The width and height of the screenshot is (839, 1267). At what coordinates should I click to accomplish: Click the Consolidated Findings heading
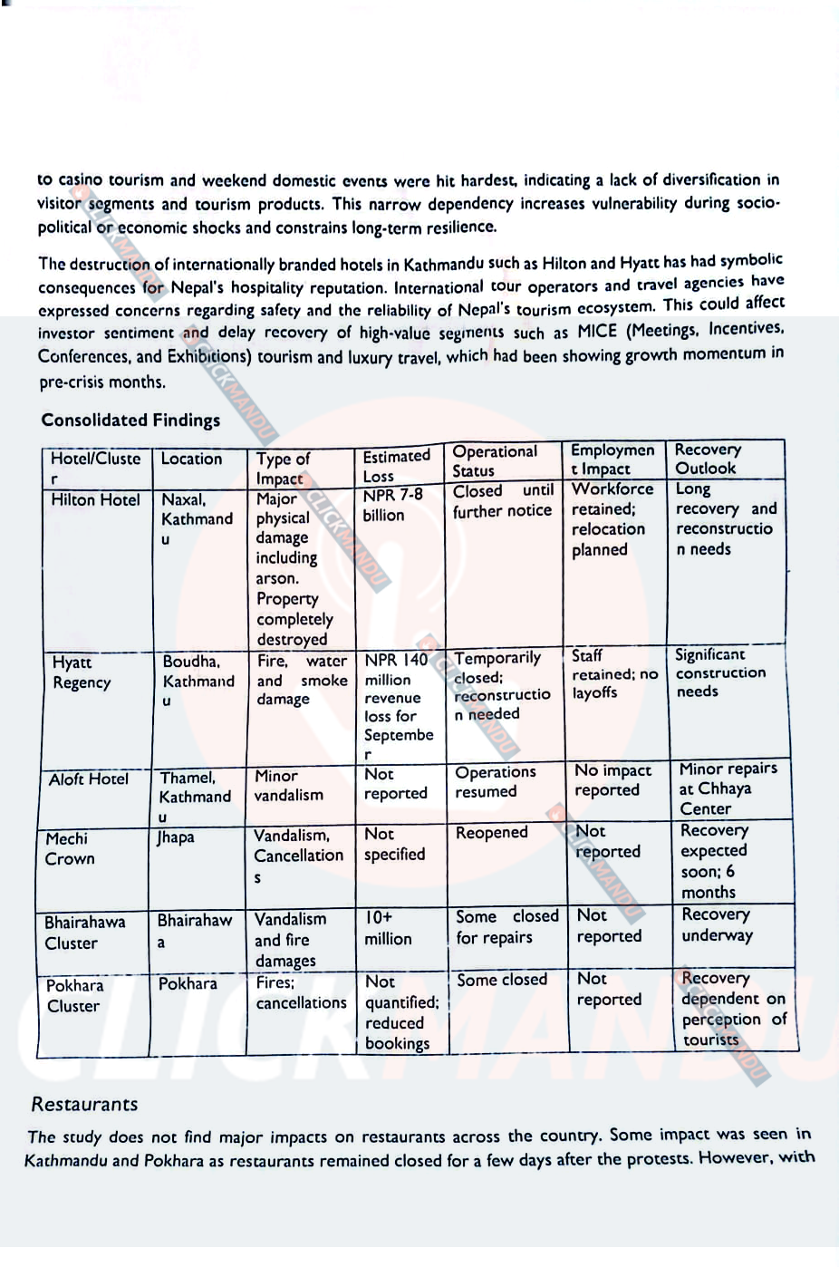coord(130,420)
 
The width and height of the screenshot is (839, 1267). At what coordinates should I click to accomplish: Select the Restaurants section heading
coord(84,1104)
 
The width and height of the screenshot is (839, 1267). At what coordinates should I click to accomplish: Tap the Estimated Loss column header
coord(396,466)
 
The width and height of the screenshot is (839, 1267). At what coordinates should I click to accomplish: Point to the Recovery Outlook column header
coord(708,459)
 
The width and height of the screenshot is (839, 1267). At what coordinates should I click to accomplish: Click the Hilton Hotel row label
coord(95,499)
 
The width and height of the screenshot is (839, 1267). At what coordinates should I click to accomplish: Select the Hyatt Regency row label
coord(82,672)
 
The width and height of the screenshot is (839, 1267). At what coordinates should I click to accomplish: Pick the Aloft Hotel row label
coord(89,779)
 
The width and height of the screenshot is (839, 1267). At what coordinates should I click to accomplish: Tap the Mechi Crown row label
coord(69,848)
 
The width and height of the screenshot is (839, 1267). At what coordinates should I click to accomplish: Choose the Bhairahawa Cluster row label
coord(84,932)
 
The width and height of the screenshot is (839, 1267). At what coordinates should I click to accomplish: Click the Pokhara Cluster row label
coord(75,995)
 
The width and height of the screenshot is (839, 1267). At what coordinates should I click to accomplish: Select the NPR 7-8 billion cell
coord(393,505)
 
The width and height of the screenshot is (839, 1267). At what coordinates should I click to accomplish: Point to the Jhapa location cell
coord(175,837)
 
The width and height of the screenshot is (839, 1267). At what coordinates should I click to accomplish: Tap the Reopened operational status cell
coord(491,832)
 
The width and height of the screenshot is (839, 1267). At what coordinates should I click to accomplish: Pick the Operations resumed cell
coord(495,781)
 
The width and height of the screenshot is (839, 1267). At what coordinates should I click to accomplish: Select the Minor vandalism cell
coord(287,785)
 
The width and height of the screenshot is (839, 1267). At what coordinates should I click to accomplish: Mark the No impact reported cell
coord(612,779)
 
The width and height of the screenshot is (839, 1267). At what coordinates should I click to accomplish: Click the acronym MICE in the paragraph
coord(596,330)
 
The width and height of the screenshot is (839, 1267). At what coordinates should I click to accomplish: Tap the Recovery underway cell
coord(716,924)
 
